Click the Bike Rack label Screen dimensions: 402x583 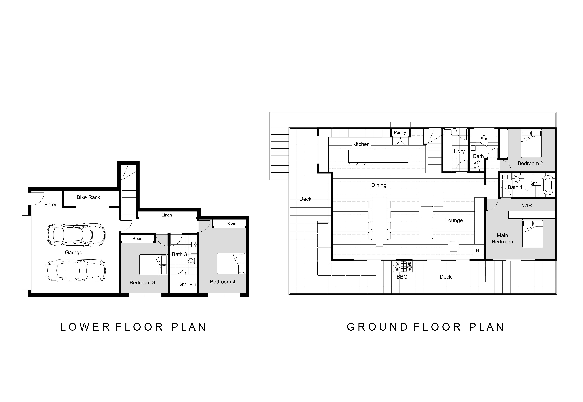[x=88, y=197]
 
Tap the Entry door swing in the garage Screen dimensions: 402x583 [x=37, y=198]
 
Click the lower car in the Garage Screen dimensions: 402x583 [x=76, y=270]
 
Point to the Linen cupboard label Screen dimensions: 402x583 [x=167, y=215]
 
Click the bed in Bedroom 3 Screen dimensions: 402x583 [x=153, y=265]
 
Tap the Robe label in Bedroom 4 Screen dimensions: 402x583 [x=230, y=223]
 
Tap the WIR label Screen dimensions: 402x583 [x=527, y=206]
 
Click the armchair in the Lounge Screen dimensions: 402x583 [x=453, y=247]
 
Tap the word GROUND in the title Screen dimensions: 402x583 [x=377, y=327]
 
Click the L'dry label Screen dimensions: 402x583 [x=459, y=151]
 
